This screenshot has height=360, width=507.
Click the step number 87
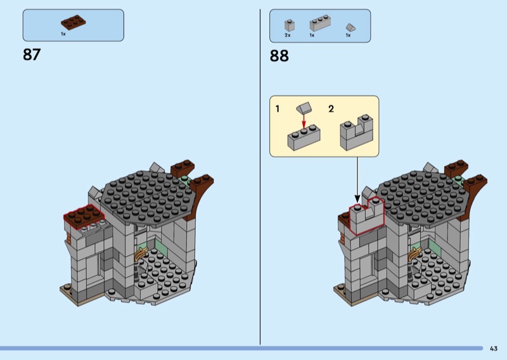(x=32, y=55)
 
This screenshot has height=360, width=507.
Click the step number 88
(x=279, y=56)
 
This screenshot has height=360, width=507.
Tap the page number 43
(x=494, y=349)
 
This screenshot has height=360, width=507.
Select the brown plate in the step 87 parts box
(x=74, y=22)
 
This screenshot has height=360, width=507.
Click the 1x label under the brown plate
(x=63, y=34)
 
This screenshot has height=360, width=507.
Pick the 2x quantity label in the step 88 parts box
(x=288, y=35)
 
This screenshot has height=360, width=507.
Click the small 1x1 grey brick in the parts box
(x=290, y=25)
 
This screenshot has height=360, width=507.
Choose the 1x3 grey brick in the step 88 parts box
(x=320, y=23)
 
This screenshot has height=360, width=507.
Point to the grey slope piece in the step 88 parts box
(x=350, y=27)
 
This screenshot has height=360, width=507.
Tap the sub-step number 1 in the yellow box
(x=277, y=108)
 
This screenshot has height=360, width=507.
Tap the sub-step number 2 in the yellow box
(x=331, y=108)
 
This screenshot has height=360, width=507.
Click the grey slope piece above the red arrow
(x=304, y=108)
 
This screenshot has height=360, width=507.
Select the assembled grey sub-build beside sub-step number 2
(x=357, y=132)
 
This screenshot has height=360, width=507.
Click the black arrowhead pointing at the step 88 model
(x=357, y=198)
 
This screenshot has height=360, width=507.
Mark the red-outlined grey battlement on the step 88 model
(x=367, y=215)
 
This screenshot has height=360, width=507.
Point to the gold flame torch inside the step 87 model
(x=141, y=254)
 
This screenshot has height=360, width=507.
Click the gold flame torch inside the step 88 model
(x=414, y=254)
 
